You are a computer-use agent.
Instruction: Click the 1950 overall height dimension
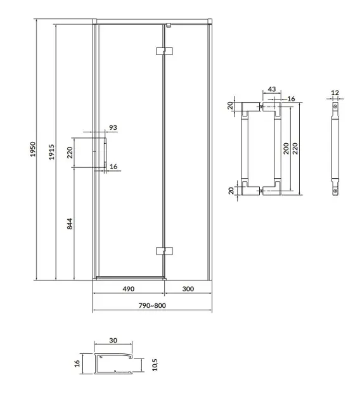pyautogui.click(x=33, y=149)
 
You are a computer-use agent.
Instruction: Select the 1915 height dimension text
pyautogui.click(x=52, y=152)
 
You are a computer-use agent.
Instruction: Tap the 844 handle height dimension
pyautogui.click(x=70, y=224)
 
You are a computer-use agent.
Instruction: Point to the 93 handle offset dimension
pyautogui.click(x=113, y=127)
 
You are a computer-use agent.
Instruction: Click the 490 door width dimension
pyautogui.click(x=129, y=289)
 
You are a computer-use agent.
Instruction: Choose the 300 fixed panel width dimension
pyautogui.click(x=188, y=289)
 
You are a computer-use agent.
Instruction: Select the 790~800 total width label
pyautogui.click(x=152, y=305)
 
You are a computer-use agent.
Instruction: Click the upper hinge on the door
pyautogui.click(x=164, y=51)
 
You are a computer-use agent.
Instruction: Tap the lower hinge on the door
pyautogui.click(x=164, y=251)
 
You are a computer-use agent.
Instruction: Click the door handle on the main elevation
pyautogui.click(x=105, y=153)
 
